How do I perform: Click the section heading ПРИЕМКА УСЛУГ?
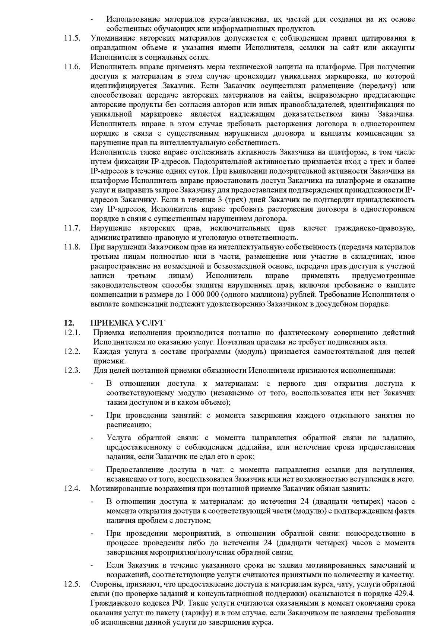tap(128, 323)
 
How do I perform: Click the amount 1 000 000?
tap(202, 295)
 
